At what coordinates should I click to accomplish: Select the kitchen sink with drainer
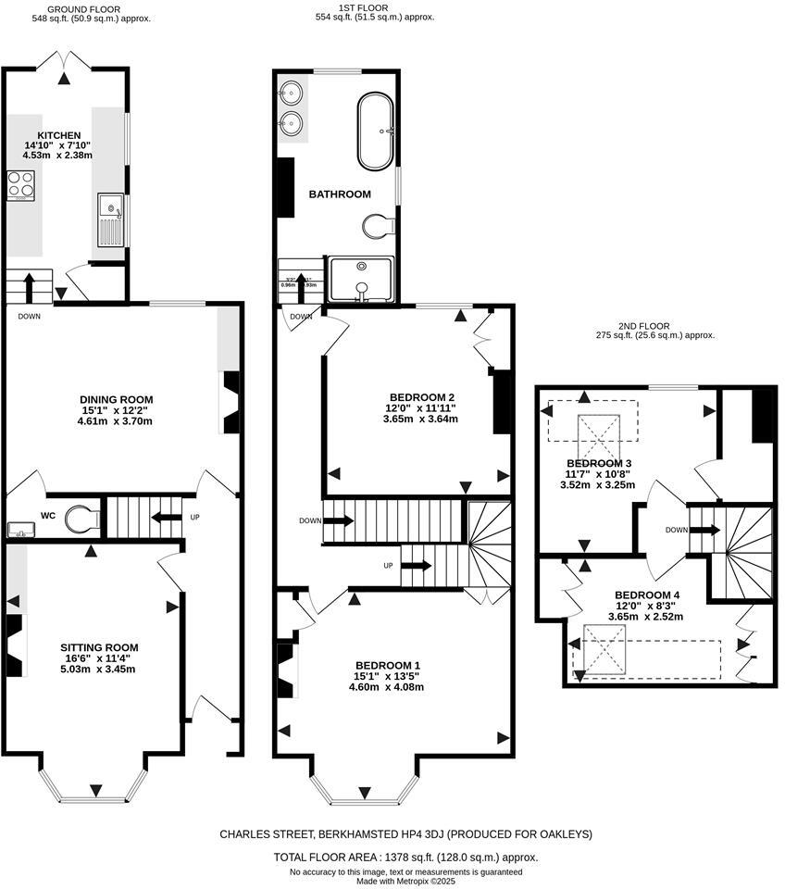108,220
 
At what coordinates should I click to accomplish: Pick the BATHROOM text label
339,194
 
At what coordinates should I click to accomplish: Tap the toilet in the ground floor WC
81,519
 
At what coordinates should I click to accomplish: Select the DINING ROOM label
115,399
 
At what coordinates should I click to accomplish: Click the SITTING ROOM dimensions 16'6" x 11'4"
99,659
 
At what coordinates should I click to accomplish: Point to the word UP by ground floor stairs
194,517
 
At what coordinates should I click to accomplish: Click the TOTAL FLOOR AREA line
405,858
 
